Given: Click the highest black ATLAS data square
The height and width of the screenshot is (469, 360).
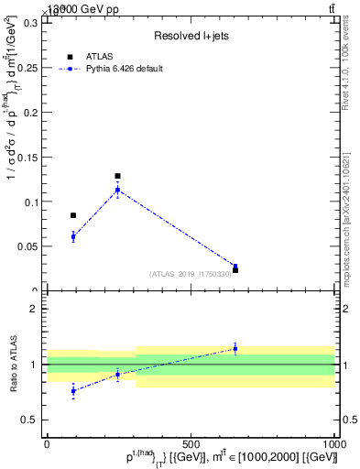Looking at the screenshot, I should coord(117,176).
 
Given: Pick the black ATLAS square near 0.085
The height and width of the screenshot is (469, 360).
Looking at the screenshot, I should coord(73,215).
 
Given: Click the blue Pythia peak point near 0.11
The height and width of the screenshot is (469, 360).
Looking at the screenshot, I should coord(117,190).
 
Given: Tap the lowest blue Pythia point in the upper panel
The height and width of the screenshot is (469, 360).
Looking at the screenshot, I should coord(235,267).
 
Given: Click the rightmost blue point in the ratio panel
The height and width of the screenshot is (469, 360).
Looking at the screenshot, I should coord(235,348).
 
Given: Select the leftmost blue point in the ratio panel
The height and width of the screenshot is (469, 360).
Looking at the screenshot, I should coord(73,391).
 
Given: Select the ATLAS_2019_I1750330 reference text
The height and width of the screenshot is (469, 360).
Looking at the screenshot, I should coord(190,274).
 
